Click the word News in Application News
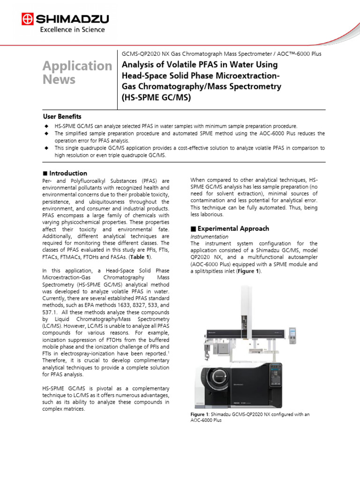59,79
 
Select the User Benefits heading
62,116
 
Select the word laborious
213,214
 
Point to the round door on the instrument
218,378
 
